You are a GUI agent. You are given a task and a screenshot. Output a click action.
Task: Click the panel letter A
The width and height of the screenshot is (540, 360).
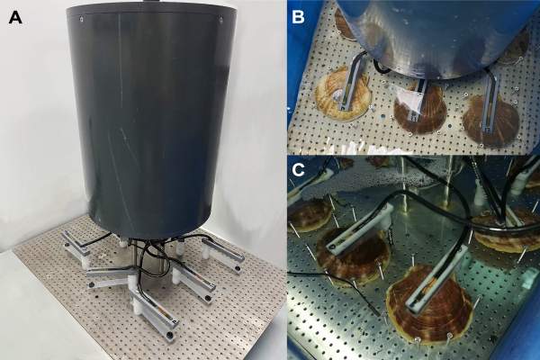click(x=15, y=18)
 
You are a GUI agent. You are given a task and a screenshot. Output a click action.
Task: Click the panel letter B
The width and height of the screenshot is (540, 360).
click(x=298, y=16)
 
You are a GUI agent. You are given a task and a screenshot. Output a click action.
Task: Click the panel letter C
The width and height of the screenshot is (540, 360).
click(x=298, y=170)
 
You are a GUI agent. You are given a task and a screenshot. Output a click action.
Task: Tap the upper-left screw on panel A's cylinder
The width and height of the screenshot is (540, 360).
click(x=80, y=19)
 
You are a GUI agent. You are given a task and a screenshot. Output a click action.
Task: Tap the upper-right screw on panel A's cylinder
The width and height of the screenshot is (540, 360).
click(x=221, y=19)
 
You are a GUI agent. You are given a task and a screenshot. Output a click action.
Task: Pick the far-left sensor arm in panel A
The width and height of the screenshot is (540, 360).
click(x=75, y=246)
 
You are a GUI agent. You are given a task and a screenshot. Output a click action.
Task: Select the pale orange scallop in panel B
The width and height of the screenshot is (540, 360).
click(x=344, y=94)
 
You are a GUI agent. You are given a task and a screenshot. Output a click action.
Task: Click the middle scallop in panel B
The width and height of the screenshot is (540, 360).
click(x=420, y=109)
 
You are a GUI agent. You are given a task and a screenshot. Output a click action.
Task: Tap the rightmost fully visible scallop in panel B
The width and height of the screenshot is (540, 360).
click(x=490, y=120)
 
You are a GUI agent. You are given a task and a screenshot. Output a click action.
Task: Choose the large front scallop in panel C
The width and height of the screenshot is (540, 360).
click(x=430, y=303)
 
